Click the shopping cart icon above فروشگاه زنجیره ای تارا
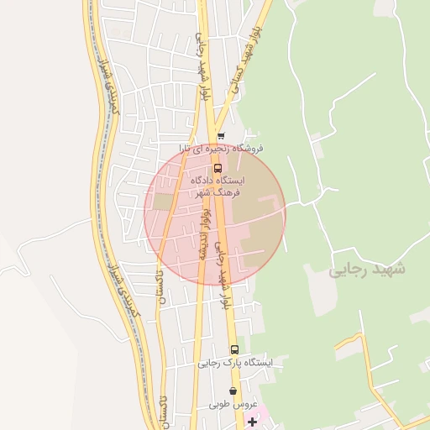(x=221, y=136)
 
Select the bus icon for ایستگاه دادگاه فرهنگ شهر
(x=218, y=168)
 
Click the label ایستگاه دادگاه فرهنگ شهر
(x=218, y=186)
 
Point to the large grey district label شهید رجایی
(x=366, y=270)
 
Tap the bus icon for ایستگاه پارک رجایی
(x=234, y=350)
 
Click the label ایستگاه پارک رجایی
(x=235, y=364)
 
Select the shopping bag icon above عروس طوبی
(x=233, y=391)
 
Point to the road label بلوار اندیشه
(x=202, y=234)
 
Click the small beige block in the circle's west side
(x=162, y=202)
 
